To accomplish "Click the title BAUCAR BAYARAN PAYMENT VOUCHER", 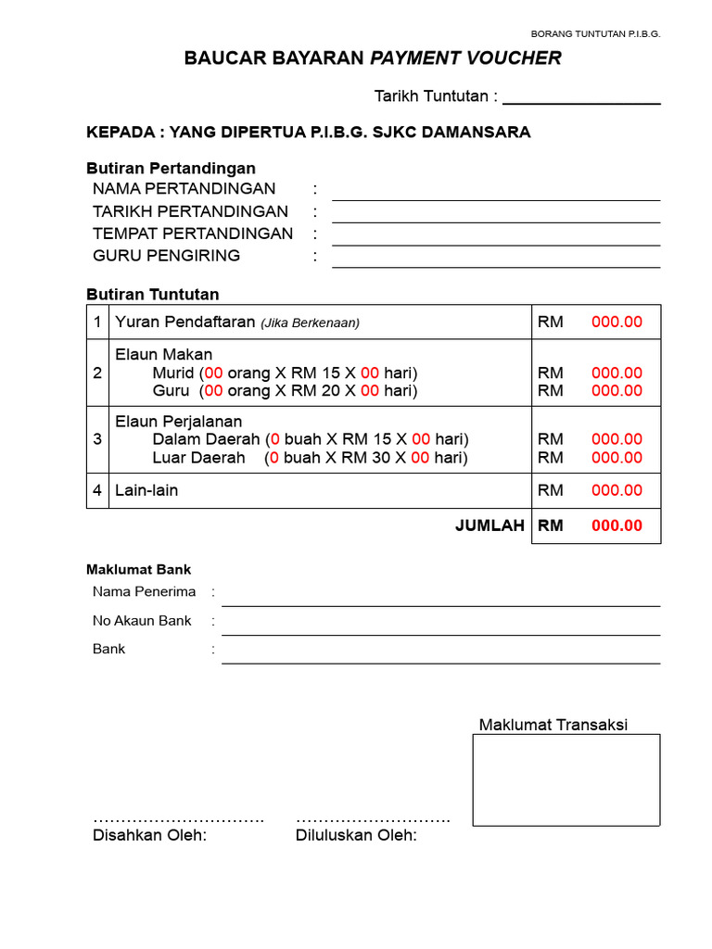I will click(373, 58).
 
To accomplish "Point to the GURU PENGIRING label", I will click(166, 256).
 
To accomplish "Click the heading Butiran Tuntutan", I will click(153, 295).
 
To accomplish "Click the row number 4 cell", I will click(97, 490).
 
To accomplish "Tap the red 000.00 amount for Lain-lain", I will click(617, 490).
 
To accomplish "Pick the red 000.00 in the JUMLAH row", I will click(617, 525).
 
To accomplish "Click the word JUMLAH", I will click(489, 525).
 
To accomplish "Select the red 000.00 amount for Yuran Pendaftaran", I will click(617, 323).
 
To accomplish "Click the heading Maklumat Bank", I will click(138, 570).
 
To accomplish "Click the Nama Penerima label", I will click(144, 591).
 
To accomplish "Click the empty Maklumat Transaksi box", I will click(566, 779).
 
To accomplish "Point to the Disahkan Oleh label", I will click(149, 836).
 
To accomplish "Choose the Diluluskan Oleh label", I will click(356, 836).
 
